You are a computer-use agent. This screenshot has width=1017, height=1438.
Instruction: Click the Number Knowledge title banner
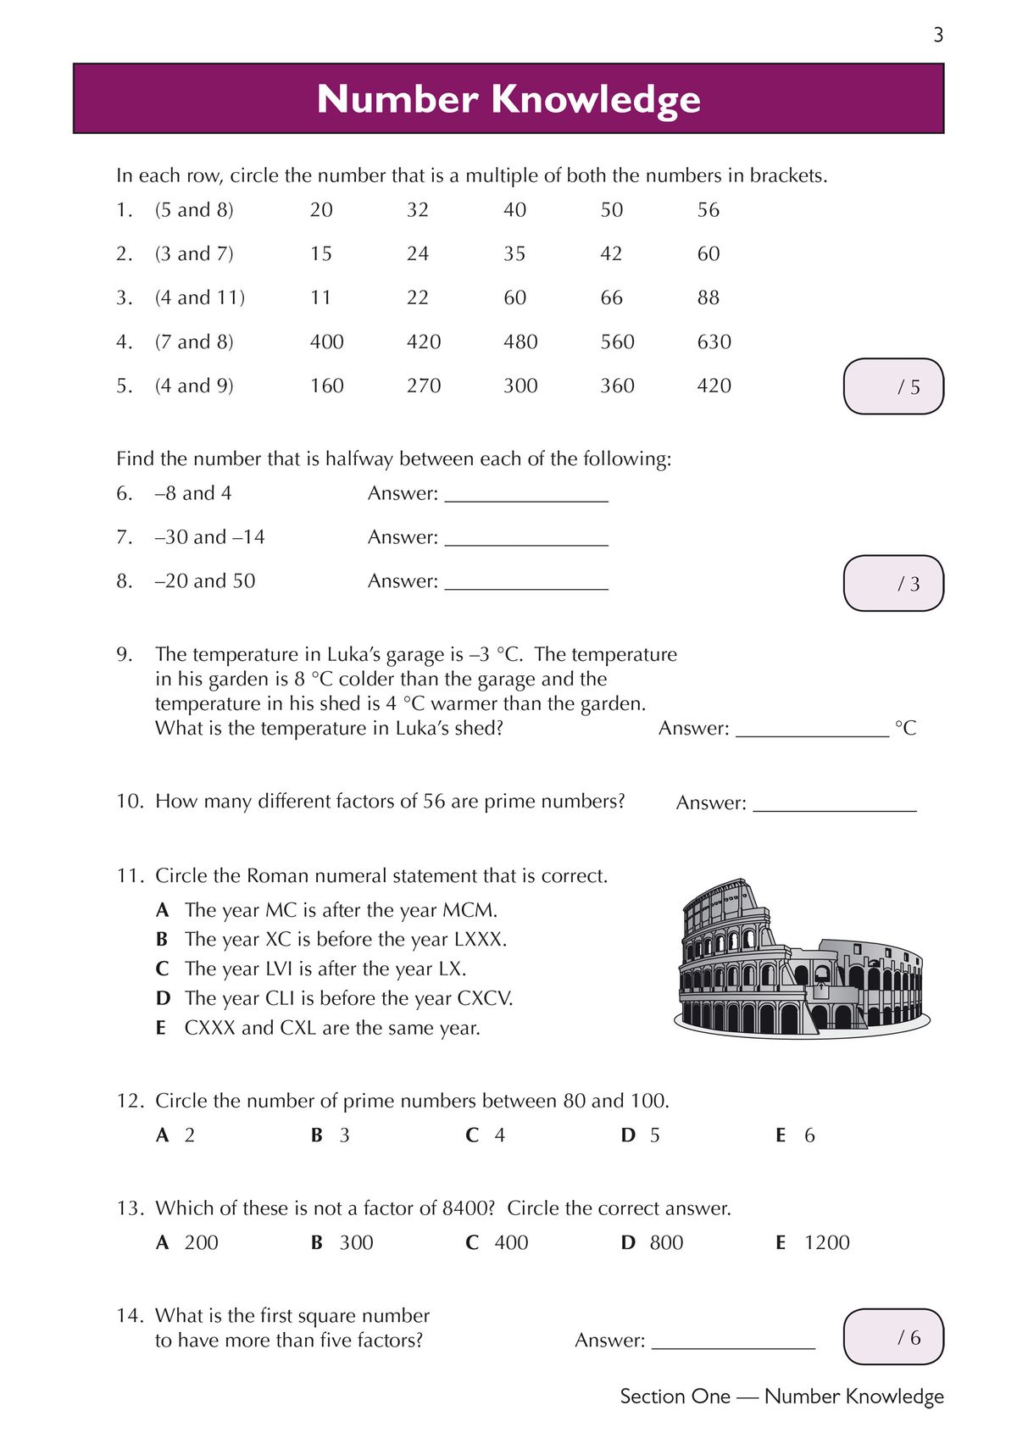[x=508, y=98]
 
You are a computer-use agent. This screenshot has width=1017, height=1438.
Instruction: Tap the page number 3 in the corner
[x=937, y=35]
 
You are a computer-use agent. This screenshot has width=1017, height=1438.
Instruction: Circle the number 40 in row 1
[x=514, y=209]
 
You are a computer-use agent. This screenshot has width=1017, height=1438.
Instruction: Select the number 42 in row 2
[x=611, y=253]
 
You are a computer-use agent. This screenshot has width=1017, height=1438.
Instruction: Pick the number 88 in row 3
[x=709, y=297]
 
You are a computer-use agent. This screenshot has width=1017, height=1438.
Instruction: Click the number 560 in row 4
[x=617, y=341]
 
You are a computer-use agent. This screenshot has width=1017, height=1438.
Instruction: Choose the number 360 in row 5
[x=617, y=386]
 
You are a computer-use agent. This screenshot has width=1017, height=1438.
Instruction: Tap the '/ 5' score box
[x=893, y=386]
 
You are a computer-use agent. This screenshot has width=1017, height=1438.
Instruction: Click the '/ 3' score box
[x=893, y=583]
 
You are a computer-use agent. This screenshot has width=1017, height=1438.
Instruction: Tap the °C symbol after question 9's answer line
[x=905, y=728]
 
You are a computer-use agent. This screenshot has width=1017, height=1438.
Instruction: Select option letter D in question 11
[x=163, y=998]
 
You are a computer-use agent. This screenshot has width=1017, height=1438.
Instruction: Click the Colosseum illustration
[x=801, y=959]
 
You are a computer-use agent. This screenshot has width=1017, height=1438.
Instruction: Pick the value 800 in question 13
[x=666, y=1242]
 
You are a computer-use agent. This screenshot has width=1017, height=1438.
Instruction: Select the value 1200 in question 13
[x=826, y=1242]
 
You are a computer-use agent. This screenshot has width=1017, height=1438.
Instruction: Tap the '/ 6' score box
[x=893, y=1336]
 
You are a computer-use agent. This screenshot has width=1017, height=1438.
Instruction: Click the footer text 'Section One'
[x=675, y=1396]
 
